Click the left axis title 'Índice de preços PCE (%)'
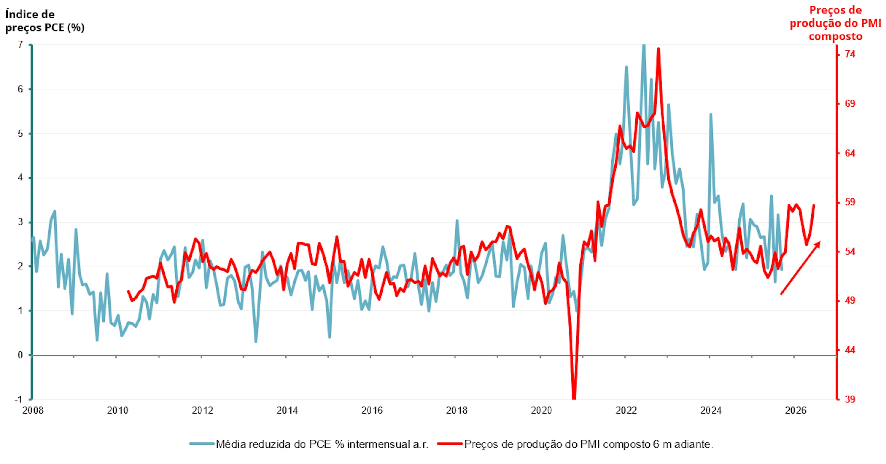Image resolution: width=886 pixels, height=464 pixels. click(x=45, y=21)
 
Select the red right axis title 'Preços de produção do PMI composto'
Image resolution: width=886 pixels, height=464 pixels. click(x=835, y=23)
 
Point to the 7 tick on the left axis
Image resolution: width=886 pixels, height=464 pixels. click(x=20, y=45)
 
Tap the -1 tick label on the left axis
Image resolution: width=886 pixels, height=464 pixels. click(x=18, y=399)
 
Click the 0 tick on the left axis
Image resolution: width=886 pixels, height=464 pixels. click(x=20, y=355)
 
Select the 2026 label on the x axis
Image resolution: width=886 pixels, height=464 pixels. click(x=796, y=410)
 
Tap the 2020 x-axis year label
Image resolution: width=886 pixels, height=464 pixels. click(x=541, y=410)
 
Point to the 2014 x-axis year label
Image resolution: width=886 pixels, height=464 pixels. click(x=287, y=410)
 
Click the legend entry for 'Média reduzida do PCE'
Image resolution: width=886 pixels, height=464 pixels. click(x=310, y=444)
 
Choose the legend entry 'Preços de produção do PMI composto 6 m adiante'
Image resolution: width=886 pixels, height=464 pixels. click(x=576, y=444)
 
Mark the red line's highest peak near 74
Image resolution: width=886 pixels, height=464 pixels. click(x=658, y=49)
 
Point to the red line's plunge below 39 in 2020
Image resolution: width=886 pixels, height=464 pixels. click(x=574, y=397)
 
